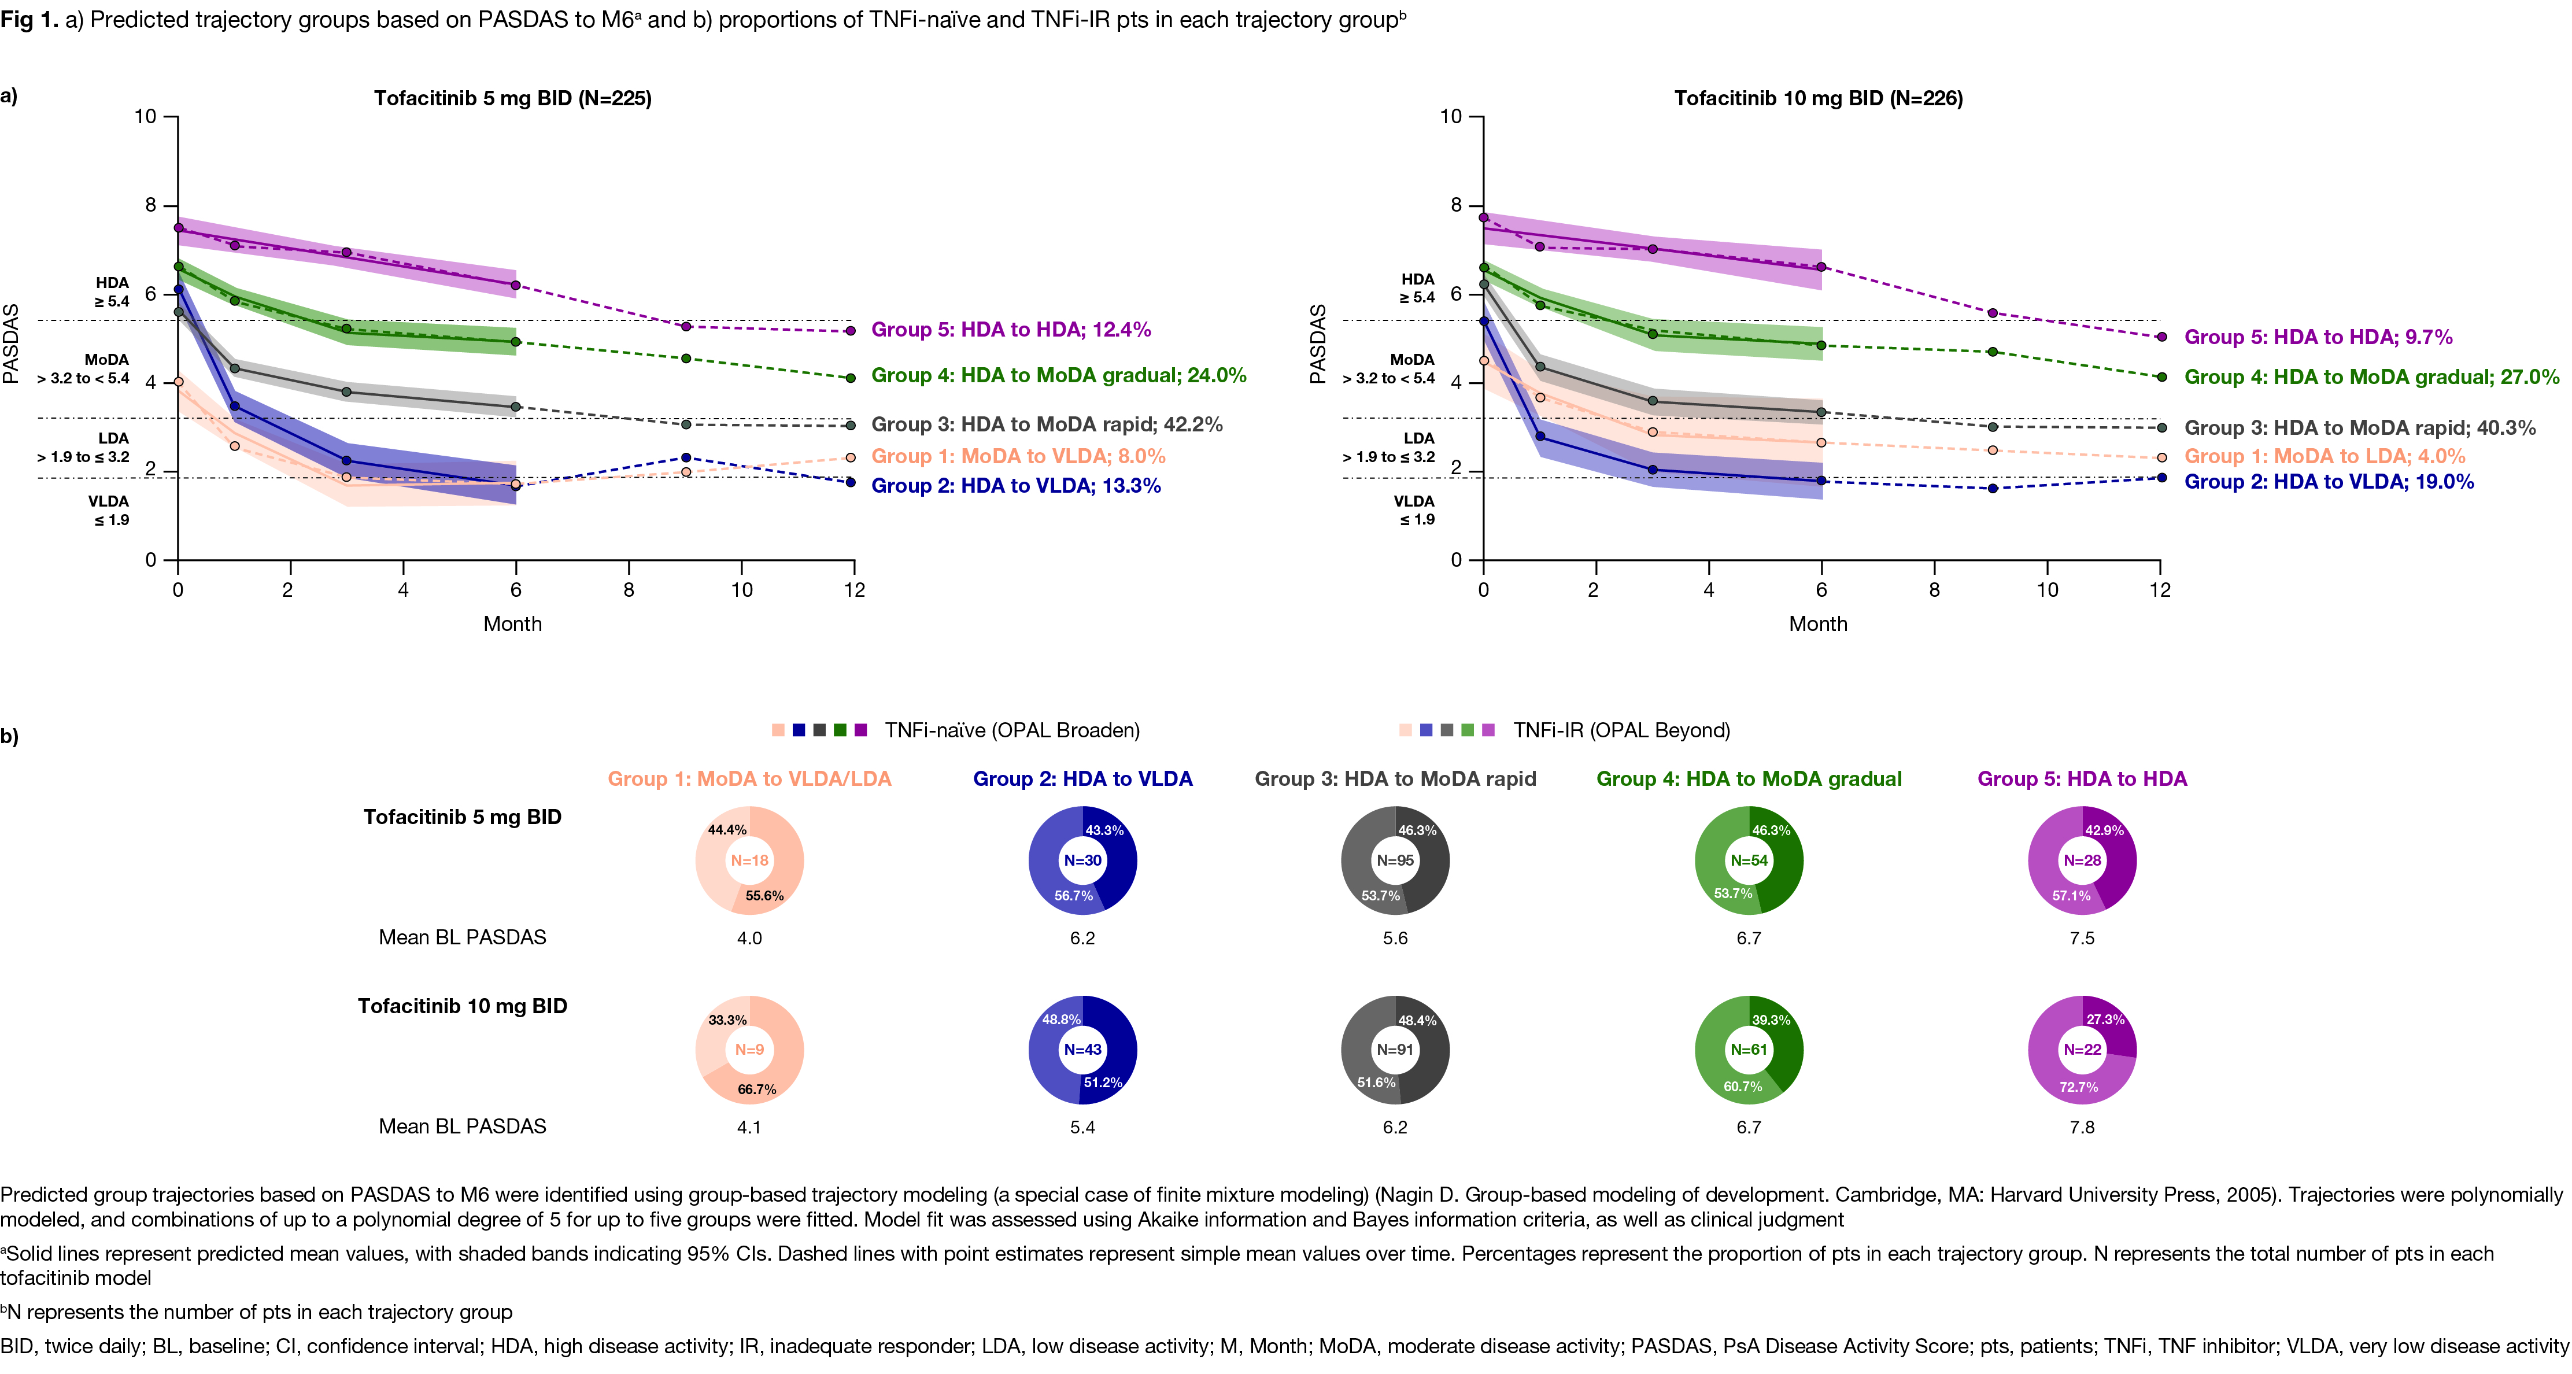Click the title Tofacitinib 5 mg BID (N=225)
tap(512, 98)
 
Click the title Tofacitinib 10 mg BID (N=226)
tap(1818, 98)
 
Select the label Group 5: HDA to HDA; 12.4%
tap(1010, 330)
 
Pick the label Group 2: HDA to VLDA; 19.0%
tap(2329, 481)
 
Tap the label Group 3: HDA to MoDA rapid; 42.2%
tap(1047, 424)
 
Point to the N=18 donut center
tap(749, 860)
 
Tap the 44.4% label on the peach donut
tap(727, 830)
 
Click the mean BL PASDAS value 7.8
tap(2082, 1127)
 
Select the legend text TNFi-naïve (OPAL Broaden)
tap(1011, 730)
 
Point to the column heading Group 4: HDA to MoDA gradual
tap(1748, 779)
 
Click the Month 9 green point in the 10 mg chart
tap(1992, 352)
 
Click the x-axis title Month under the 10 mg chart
tap(1817, 624)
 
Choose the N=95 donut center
tap(1395, 860)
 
